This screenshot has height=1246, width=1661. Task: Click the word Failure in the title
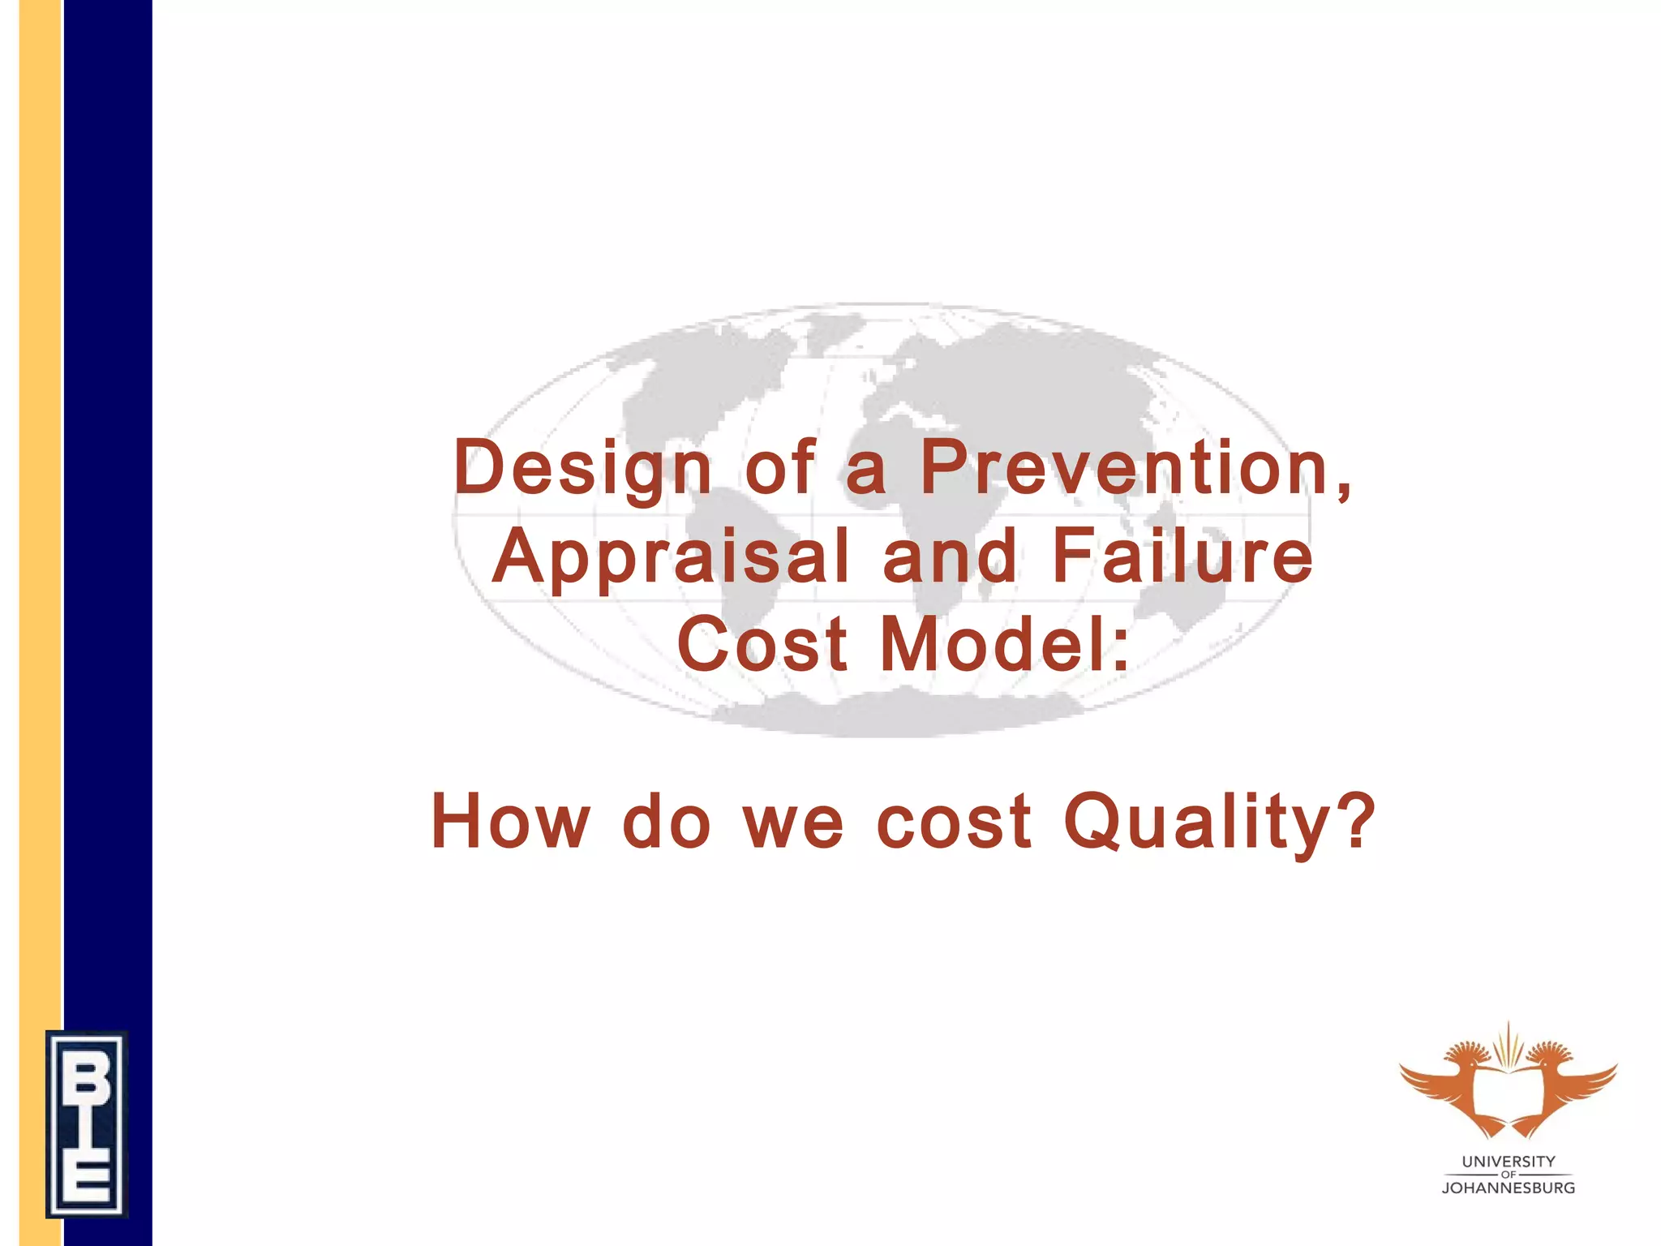(x=1182, y=557)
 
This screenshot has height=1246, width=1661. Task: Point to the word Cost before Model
(x=762, y=645)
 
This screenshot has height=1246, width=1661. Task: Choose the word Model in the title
(x=1004, y=645)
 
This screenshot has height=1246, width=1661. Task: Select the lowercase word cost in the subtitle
(x=955, y=822)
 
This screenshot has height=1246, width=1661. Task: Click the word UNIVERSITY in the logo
(x=1509, y=1162)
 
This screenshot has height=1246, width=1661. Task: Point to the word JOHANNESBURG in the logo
(x=1509, y=1188)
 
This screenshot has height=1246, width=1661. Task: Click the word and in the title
(x=950, y=557)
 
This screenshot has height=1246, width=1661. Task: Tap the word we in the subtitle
(x=794, y=822)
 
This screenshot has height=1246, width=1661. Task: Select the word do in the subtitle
(x=667, y=822)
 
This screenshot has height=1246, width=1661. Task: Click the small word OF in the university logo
(x=1509, y=1175)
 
